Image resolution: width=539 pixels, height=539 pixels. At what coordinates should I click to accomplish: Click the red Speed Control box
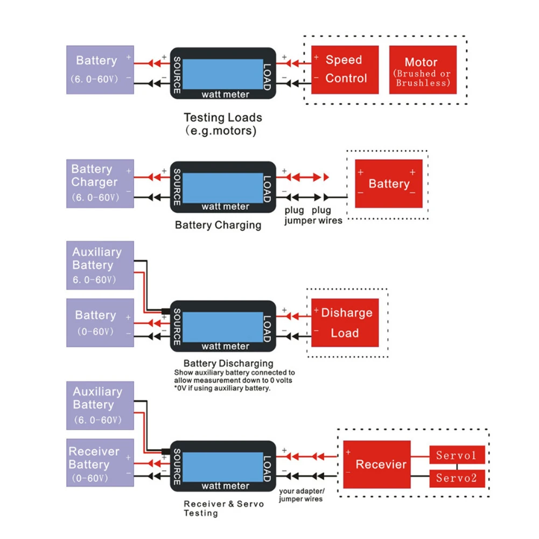tap(345, 70)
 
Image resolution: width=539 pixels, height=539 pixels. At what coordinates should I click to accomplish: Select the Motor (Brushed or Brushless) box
tap(423, 70)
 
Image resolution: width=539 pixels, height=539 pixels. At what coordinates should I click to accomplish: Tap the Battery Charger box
tap(100, 184)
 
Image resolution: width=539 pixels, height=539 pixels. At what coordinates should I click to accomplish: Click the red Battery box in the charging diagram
tap(388, 184)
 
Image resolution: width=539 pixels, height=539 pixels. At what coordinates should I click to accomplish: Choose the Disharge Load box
tap(345, 323)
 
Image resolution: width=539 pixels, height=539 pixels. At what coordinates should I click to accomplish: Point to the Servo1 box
tap(457, 455)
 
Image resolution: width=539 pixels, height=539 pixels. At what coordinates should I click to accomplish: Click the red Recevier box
tap(377, 464)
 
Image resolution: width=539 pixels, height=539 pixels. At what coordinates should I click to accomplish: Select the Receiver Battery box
tap(100, 463)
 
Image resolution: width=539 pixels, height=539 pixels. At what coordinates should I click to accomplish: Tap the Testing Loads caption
tap(223, 124)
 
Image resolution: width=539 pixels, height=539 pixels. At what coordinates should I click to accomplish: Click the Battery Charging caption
tap(218, 225)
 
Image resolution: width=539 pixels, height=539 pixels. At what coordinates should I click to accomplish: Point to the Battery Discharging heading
tap(228, 363)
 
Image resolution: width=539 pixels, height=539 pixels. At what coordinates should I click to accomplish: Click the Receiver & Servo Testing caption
tap(224, 508)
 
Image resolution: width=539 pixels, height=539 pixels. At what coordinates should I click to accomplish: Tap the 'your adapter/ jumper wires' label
tap(302, 495)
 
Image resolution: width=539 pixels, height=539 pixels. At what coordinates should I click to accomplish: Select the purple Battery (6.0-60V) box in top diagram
tap(100, 70)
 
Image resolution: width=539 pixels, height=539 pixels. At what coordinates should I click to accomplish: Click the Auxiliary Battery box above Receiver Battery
tap(100, 405)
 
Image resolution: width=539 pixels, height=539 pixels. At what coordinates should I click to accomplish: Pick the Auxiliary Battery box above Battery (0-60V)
tap(100, 265)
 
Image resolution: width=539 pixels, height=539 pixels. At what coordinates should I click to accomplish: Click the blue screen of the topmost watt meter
tap(223, 74)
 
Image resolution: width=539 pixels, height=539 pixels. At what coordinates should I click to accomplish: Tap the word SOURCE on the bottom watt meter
tap(177, 467)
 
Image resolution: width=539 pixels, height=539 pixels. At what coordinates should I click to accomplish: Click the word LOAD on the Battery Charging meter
tap(267, 188)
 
